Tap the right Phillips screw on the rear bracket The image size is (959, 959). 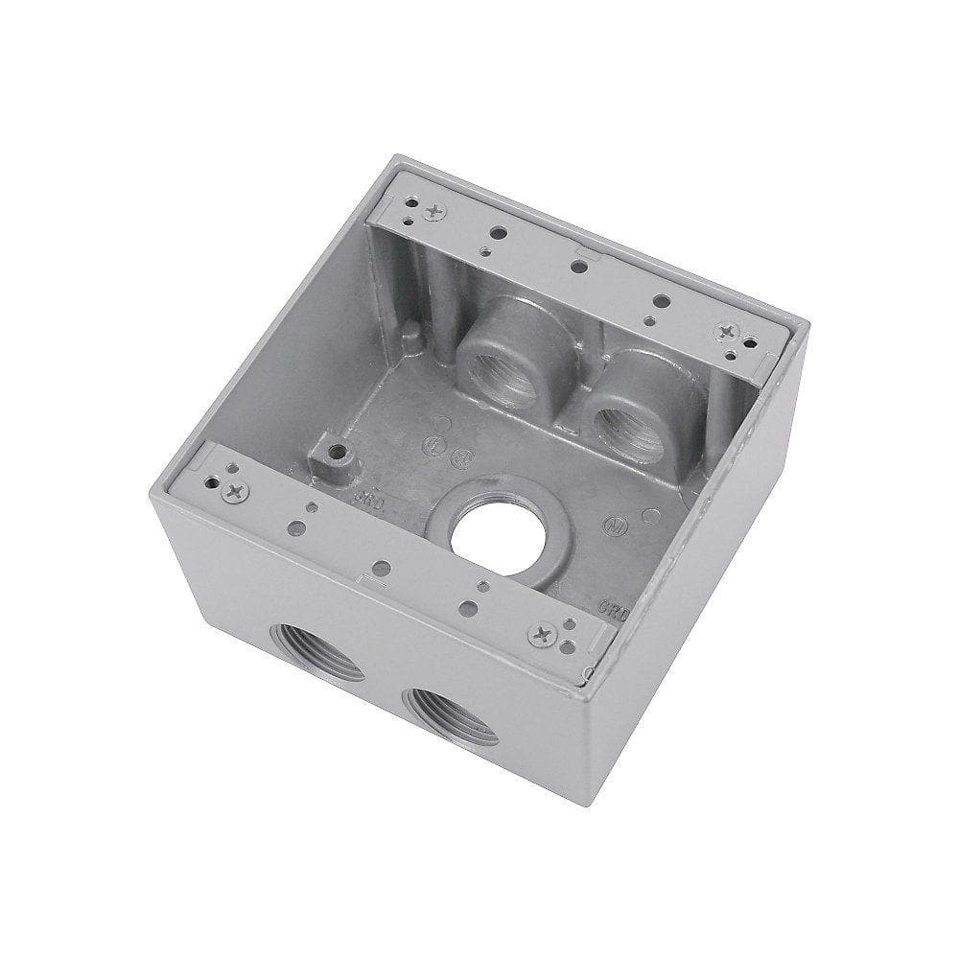coord(724,331)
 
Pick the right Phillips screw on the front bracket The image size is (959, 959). coord(544,632)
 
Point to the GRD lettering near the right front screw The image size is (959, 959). coord(608,606)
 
